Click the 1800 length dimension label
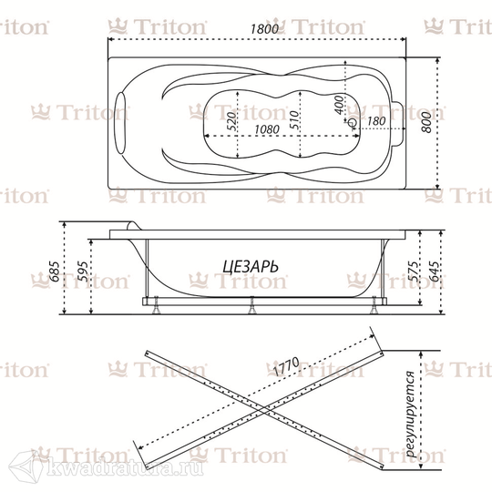click(264, 29)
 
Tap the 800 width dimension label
click(426, 122)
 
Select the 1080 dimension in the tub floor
click(267, 129)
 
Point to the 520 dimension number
click(231, 121)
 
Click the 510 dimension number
click(294, 119)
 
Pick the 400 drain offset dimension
click(339, 105)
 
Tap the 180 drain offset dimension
click(376, 121)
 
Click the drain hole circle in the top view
click(353, 123)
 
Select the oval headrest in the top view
click(121, 123)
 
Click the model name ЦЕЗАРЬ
click(251, 267)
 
